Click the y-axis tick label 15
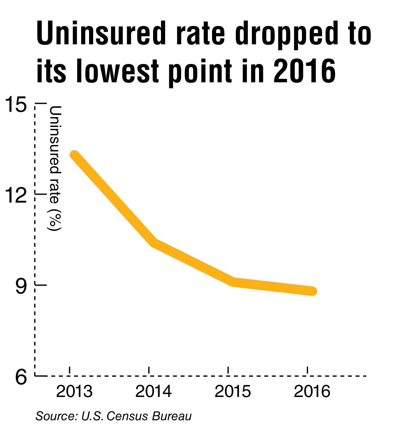point(16,104)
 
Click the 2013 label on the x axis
point(74,392)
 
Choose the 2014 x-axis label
point(153,392)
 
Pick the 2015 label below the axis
point(233,392)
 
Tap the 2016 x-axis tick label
point(312,392)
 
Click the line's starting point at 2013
point(74,155)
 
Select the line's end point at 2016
point(312,291)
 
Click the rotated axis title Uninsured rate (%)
point(55,168)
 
